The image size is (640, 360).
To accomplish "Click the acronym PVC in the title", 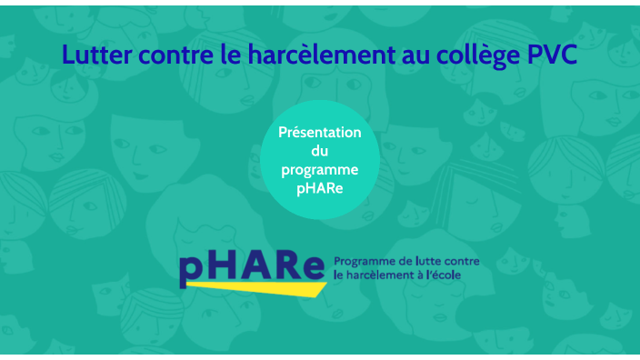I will coord(552,55).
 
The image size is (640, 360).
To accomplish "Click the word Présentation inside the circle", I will coord(319,133).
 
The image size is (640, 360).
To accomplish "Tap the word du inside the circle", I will coord(319,152).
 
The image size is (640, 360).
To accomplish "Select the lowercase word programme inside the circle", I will coord(319,172).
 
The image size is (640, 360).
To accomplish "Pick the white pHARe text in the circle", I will coord(319,190).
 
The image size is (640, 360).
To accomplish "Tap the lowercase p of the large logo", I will coord(195,269).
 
